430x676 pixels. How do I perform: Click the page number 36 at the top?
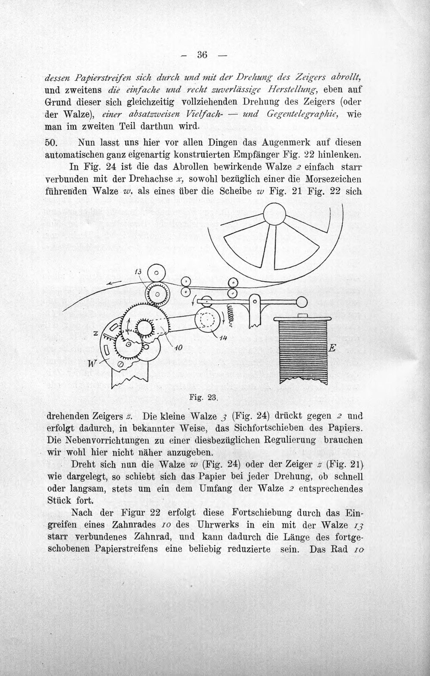click(x=202, y=55)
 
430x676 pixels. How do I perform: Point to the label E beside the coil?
click(x=332, y=348)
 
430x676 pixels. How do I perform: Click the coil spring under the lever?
click(x=231, y=316)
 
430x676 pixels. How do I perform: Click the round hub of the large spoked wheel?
click(x=275, y=213)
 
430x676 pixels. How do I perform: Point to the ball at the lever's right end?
click(x=301, y=301)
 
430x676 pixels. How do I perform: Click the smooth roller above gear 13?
click(x=157, y=273)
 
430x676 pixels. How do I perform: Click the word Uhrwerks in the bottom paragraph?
click(x=216, y=525)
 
